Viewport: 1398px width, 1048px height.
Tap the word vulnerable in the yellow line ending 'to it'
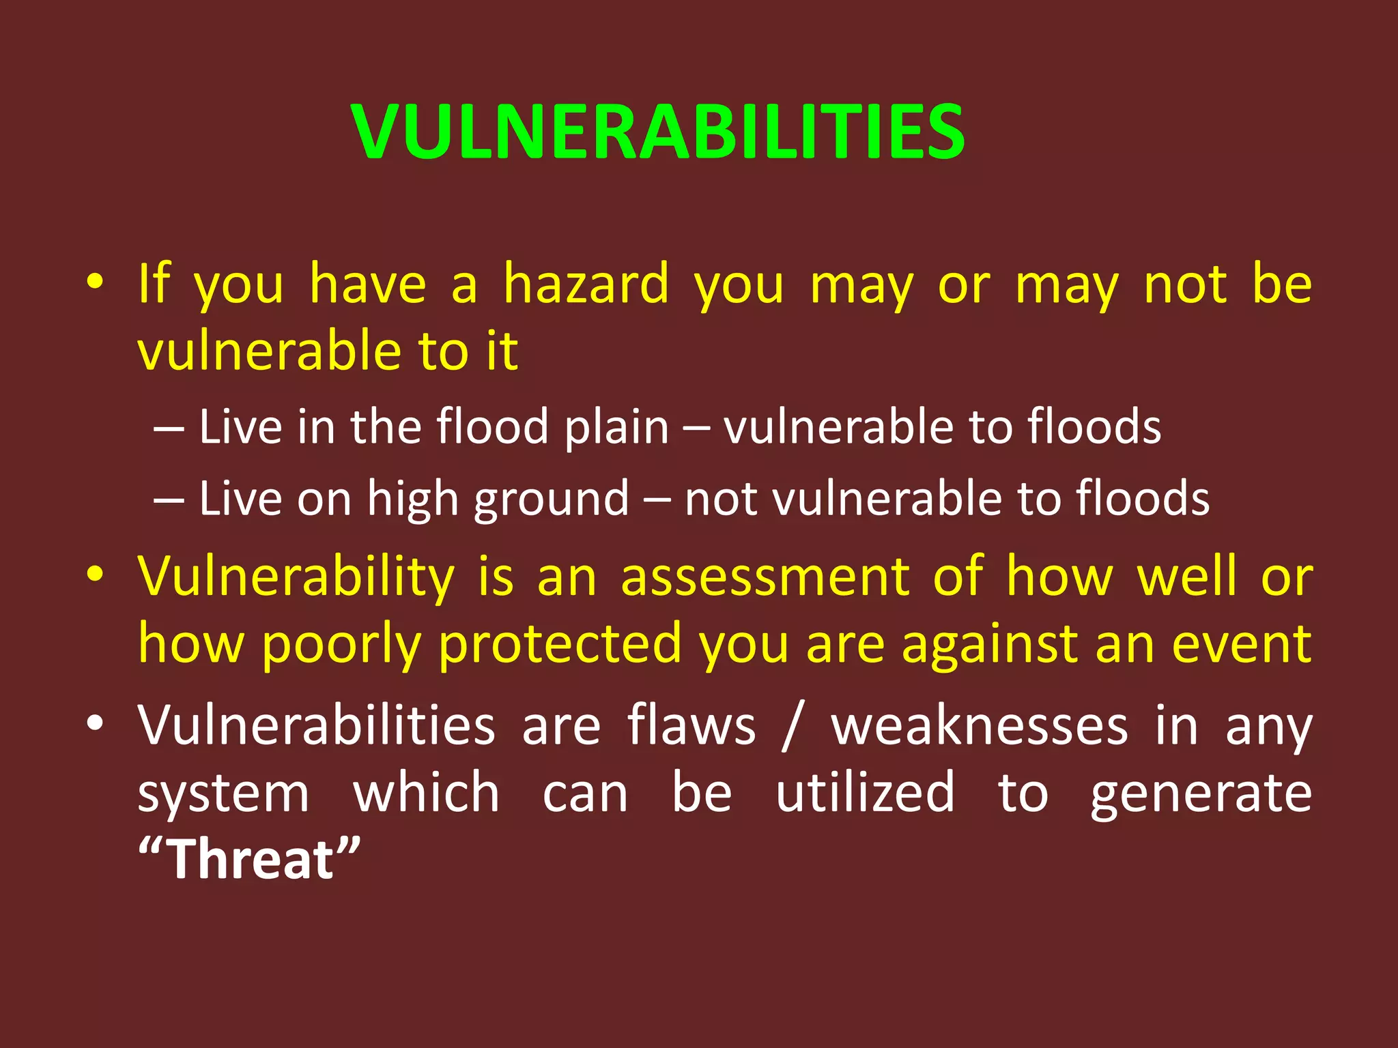tap(270, 351)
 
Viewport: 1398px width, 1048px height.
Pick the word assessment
tap(765, 577)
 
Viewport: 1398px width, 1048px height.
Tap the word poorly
tap(341, 644)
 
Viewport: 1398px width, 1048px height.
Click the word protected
tap(560, 644)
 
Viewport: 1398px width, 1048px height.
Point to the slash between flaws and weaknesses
tap(793, 727)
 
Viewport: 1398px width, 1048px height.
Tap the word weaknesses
tap(979, 727)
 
